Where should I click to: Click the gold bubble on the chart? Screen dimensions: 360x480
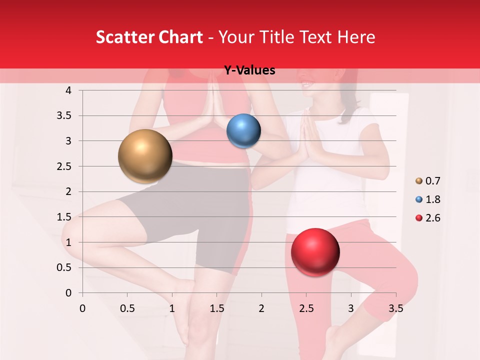click(x=145, y=156)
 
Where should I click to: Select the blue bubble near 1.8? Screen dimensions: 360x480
click(x=243, y=130)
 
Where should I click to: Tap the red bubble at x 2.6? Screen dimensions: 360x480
click(x=315, y=252)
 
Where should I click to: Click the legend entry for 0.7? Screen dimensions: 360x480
click(x=427, y=181)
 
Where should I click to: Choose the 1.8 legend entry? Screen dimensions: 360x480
click(x=427, y=199)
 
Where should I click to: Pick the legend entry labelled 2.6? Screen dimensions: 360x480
click(x=427, y=218)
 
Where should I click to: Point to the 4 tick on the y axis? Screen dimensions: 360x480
click(x=68, y=90)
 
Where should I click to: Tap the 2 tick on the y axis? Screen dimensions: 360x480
click(x=68, y=191)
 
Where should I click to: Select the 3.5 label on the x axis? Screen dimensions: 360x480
click(x=395, y=308)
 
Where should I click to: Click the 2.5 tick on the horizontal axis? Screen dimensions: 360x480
click(x=306, y=308)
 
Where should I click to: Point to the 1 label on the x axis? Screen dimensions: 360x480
click(x=172, y=308)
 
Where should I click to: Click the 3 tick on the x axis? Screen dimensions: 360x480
click(x=351, y=308)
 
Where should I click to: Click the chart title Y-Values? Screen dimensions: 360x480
click(x=249, y=70)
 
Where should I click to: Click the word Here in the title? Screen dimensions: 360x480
click(x=356, y=37)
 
